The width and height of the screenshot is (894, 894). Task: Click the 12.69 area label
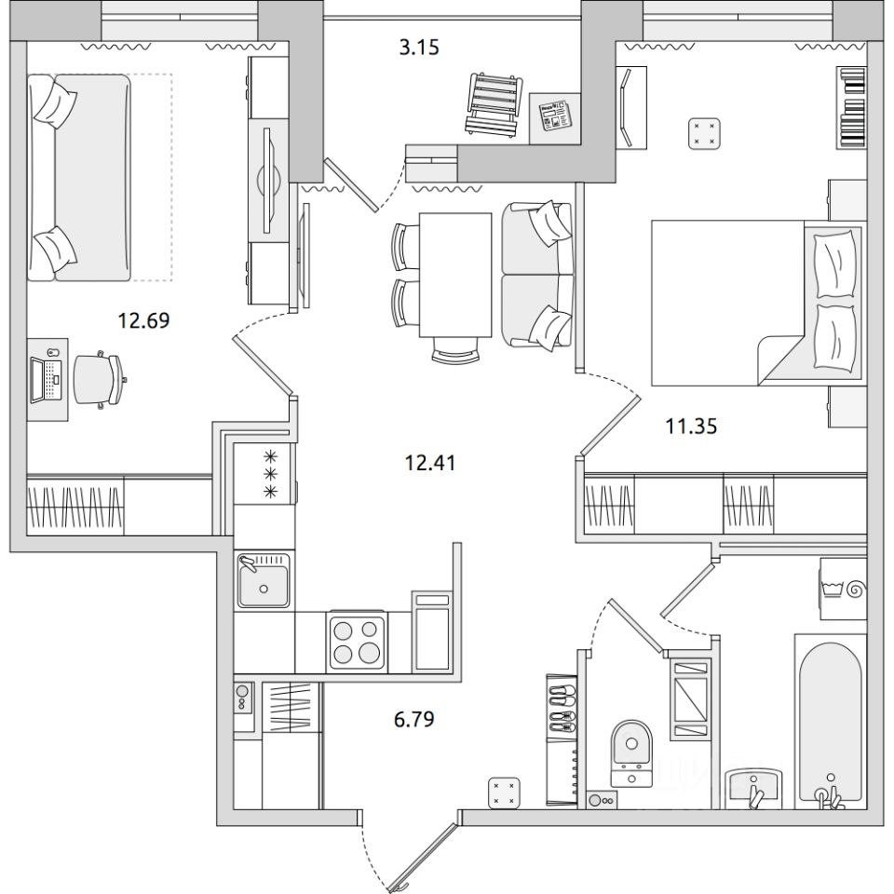[x=143, y=320]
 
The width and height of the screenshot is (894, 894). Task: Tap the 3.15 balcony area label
[x=419, y=47]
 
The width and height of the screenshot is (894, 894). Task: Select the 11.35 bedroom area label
[x=692, y=426]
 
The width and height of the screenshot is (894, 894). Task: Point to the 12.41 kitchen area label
[x=430, y=463]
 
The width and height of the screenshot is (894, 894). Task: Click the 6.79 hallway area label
[x=414, y=719]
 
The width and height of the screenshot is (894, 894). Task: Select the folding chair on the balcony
[x=494, y=104]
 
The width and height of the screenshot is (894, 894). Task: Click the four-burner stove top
[x=357, y=640]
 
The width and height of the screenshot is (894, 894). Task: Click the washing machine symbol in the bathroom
[x=844, y=589]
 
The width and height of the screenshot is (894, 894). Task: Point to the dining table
[x=455, y=276]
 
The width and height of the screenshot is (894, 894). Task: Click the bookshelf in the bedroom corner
[x=852, y=108]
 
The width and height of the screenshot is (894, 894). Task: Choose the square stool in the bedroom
[x=705, y=134]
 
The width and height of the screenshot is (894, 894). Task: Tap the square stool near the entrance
[x=505, y=793]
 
